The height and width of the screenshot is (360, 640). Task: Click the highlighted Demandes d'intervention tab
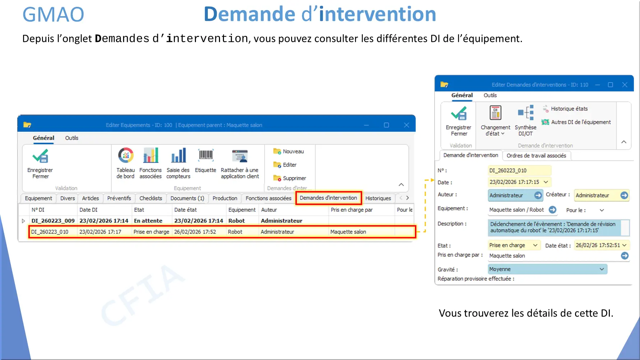(x=328, y=198)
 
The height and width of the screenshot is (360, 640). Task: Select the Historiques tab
(x=378, y=198)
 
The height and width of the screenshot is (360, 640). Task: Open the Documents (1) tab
(x=187, y=198)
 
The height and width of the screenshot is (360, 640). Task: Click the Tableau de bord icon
(x=126, y=155)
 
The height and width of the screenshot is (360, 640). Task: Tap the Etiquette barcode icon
(x=206, y=155)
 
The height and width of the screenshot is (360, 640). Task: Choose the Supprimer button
(x=290, y=178)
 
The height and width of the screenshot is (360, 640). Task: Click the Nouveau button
(x=289, y=151)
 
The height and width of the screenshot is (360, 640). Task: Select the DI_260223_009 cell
(x=53, y=221)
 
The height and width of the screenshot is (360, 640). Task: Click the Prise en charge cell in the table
(x=151, y=232)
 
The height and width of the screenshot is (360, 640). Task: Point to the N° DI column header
(x=38, y=210)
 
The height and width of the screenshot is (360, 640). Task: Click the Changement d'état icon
(x=495, y=113)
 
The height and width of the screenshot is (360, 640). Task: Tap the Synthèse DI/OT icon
(x=525, y=113)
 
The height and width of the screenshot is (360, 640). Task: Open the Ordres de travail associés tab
(x=536, y=155)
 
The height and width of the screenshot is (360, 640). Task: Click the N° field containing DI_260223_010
(x=519, y=170)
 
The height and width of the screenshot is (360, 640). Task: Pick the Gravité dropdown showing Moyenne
(x=547, y=269)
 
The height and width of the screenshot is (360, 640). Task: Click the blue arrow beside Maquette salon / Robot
(x=552, y=210)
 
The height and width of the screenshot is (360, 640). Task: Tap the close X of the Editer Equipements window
(x=406, y=125)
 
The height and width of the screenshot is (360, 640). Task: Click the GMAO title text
(x=53, y=15)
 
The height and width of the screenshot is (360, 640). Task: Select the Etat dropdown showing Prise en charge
(x=514, y=245)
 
